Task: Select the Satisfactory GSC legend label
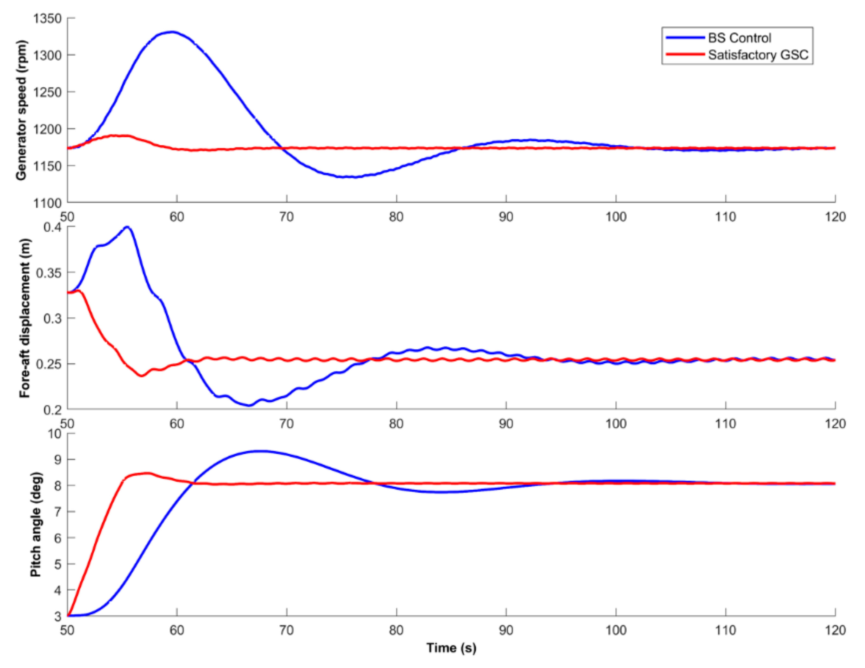coord(758,55)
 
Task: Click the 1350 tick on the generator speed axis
coord(48,19)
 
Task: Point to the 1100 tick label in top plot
coord(48,203)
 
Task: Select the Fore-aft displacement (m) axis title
coord(24,317)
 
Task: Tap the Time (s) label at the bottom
coord(451,648)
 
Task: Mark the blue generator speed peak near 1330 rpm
coord(171,32)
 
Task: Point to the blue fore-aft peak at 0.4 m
coord(127,227)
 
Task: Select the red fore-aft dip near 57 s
coord(141,376)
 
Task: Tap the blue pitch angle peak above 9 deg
coord(259,451)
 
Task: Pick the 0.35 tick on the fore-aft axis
coord(50,273)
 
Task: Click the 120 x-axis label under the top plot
coord(835,217)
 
